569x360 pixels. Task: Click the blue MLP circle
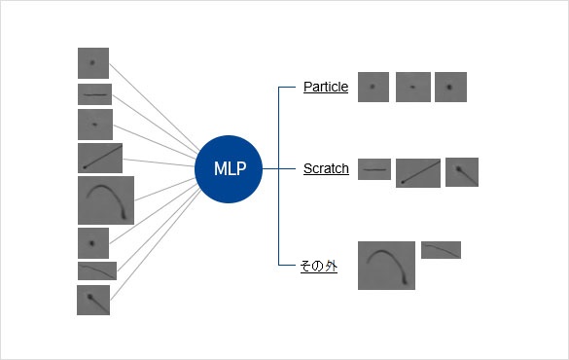[x=229, y=168]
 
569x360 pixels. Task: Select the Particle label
[x=326, y=88]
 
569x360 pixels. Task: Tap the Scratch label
[x=326, y=168]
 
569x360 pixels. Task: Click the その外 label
[x=319, y=266]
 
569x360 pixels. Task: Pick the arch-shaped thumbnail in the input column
[x=106, y=200]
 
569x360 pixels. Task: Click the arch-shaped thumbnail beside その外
[x=386, y=266]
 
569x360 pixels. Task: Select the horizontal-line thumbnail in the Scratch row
[x=374, y=169]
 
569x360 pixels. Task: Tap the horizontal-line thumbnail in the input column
[x=94, y=94]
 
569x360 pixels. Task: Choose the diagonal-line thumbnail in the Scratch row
[x=418, y=173]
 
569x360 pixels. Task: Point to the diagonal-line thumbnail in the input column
[x=100, y=158]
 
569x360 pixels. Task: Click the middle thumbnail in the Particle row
[x=413, y=88]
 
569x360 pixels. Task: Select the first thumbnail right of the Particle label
[x=373, y=88]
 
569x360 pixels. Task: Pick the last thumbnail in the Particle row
[x=450, y=88]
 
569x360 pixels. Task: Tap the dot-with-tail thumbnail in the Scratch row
[x=462, y=172]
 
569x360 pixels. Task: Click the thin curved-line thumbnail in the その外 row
[x=441, y=250]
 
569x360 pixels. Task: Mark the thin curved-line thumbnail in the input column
[x=97, y=270]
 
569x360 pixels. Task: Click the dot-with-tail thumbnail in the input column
[x=93, y=300]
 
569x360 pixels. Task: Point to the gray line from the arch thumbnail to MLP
[x=165, y=189]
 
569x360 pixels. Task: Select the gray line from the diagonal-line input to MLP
[x=159, y=162]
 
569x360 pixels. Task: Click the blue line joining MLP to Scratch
[x=279, y=168]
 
